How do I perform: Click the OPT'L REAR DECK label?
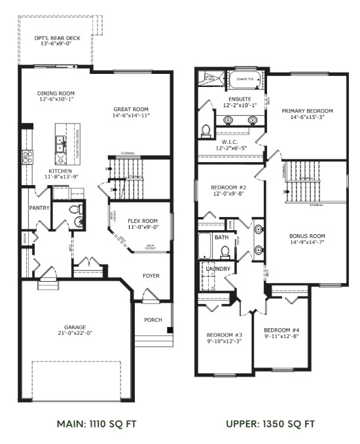(57, 39)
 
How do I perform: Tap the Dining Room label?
(57, 94)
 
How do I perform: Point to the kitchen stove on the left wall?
(27, 156)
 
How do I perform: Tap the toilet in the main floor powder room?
(76, 211)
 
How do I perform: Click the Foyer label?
(151, 276)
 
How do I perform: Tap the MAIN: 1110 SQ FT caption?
(86, 424)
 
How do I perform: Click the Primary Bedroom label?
(307, 111)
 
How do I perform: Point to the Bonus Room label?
(308, 237)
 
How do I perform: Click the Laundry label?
(216, 269)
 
